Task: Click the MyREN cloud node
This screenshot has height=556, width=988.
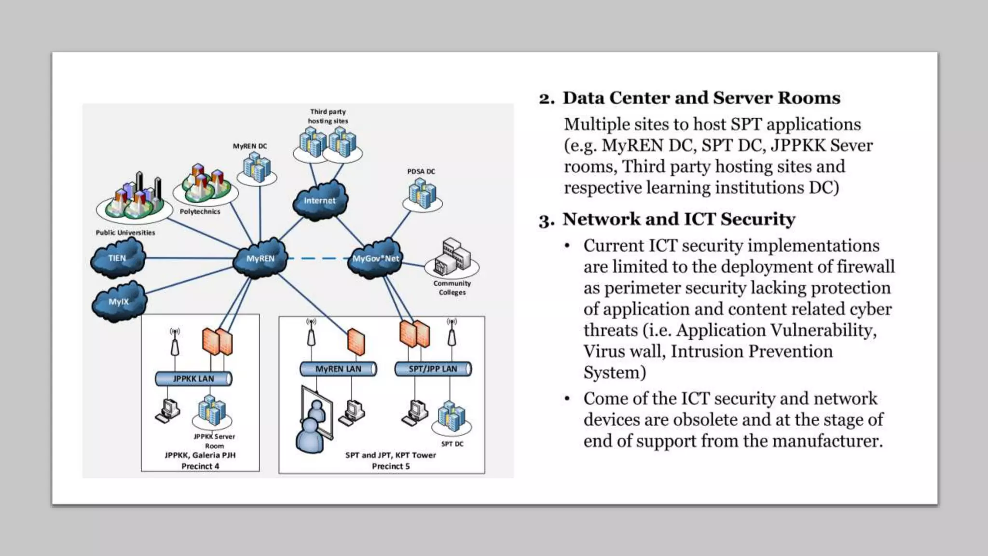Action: (260, 258)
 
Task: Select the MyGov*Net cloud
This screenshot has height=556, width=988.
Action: (375, 258)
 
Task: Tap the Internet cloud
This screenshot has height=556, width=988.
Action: (319, 200)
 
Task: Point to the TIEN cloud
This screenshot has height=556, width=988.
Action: (117, 258)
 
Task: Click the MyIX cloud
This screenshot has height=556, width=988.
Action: (119, 302)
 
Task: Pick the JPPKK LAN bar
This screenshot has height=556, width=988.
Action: (193, 378)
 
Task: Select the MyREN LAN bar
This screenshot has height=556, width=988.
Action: (338, 369)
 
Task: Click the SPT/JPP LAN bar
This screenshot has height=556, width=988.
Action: (433, 369)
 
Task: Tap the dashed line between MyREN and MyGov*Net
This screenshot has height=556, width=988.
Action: (318, 259)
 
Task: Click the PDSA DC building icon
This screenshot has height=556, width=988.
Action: (422, 193)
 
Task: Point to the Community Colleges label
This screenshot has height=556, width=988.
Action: (452, 288)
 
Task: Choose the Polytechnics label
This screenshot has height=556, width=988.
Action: (200, 211)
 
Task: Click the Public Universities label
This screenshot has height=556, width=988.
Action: (125, 233)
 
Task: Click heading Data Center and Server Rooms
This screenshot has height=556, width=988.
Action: (701, 98)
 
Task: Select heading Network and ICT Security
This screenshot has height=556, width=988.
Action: (678, 219)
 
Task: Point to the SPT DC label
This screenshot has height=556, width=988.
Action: (452, 444)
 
